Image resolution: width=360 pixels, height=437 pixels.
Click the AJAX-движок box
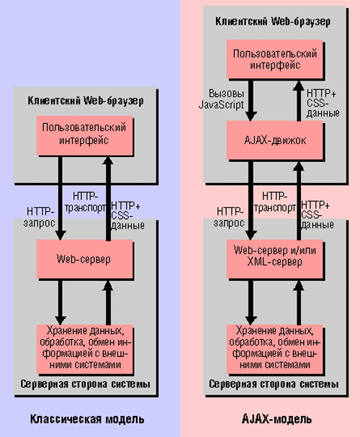(x=274, y=140)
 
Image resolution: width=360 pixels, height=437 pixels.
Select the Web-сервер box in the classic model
(x=84, y=259)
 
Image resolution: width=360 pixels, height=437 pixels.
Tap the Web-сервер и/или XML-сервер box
(x=274, y=259)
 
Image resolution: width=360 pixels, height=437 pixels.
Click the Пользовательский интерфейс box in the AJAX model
(x=274, y=59)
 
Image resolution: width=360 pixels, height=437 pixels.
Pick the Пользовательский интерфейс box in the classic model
(x=84, y=136)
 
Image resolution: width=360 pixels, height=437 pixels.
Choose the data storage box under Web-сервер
(x=84, y=349)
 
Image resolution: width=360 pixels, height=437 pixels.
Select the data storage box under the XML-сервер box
(x=274, y=349)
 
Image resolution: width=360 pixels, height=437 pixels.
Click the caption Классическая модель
(x=87, y=419)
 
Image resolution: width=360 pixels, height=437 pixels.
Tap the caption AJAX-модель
(x=276, y=419)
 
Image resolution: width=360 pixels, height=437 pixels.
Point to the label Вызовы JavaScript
(x=222, y=99)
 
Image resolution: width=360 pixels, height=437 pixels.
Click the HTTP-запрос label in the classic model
(x=40, y=217)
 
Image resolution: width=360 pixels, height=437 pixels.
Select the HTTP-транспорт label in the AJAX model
(x=275, y=202)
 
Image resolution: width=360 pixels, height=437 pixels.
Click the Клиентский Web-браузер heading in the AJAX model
(x=273, y=22)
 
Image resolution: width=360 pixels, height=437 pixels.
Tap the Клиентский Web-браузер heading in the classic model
(x=86, y=101)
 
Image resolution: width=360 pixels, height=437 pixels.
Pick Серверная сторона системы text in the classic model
(x=85, y=384)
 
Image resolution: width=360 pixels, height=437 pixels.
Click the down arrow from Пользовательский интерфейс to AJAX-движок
(x=251, y=100)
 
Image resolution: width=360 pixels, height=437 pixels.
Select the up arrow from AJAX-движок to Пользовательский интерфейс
(x=299, y=100)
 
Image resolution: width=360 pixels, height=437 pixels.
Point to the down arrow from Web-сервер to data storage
(x=60, y=302)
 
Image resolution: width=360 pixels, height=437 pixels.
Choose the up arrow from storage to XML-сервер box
(x=299, y=302)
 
